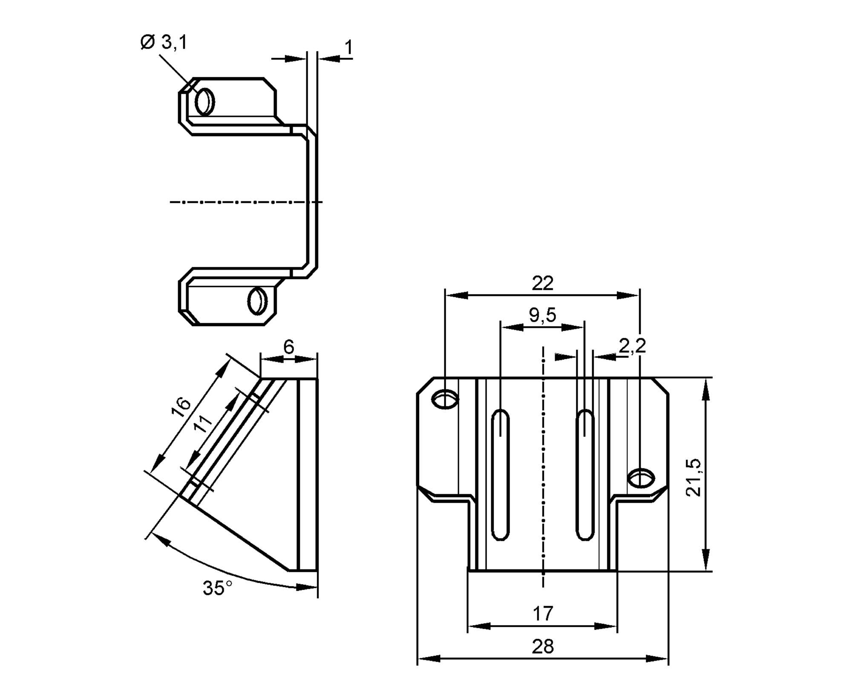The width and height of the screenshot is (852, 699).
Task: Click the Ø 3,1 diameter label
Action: pos(164,43)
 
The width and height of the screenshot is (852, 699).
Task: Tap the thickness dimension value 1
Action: pos(348,47)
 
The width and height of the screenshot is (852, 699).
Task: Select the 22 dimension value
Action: pos(542,283)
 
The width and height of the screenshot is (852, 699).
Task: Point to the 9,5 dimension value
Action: pos(542,315)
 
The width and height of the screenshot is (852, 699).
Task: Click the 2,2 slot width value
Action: pos(632,346)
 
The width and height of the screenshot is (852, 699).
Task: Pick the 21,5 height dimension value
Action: pos(694,478)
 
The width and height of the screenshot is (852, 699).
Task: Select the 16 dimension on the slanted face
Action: pos(181,407)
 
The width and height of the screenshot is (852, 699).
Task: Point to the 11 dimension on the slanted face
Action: pos(203,424)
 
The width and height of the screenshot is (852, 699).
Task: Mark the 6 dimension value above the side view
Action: pos(289,347)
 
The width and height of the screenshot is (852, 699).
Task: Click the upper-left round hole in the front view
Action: pos(445,400)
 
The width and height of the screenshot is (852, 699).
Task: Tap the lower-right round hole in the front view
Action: pos(642,478)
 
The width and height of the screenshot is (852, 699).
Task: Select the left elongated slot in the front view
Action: pos(500,475)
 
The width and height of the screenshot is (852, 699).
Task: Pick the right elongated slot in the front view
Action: pos(585,475)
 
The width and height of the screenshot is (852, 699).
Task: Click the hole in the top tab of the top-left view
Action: pos(205,102)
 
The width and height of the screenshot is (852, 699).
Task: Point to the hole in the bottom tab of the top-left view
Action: pos(257,301)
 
